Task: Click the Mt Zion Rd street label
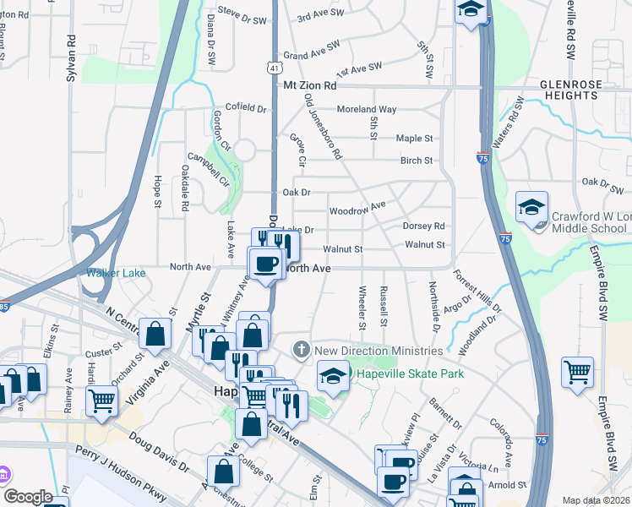tap(309, 85)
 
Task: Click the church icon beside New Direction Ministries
tap(302, 350)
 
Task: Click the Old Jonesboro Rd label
tap(323, 127)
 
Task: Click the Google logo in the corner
tap(28, 497)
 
